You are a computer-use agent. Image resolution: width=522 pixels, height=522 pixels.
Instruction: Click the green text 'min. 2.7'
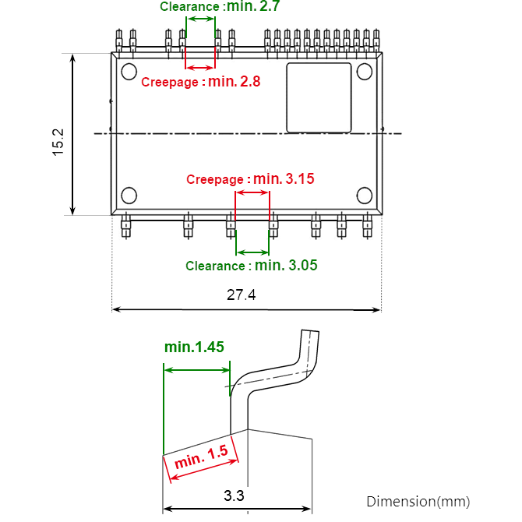tap(253, 6)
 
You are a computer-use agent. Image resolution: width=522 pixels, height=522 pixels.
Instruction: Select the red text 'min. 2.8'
tap(235, 81)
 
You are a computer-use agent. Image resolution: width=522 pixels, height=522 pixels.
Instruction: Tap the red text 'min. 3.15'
tap(284, 179)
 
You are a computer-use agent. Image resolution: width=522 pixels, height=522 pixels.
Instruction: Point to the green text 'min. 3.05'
tap(286, 266)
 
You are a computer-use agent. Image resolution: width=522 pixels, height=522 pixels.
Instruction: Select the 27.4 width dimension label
tap(242, 295)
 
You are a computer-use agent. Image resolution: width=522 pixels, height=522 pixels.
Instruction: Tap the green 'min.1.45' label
tap(194, 347)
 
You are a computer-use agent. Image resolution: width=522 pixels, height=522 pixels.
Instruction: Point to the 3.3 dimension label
tap(234, 496)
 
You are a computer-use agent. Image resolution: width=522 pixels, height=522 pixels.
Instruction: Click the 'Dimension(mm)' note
tap(418, 501)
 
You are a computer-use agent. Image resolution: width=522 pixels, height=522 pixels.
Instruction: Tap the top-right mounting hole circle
tap(365, 72)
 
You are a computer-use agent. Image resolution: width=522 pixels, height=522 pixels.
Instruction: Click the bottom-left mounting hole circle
tap(129, 195)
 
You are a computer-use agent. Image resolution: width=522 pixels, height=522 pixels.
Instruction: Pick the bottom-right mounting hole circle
tap(365, 195)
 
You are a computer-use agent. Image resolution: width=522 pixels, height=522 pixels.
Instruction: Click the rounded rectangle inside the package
tap(319, 98)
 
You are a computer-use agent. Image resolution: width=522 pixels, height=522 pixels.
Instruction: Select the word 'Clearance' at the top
tap(190, 7)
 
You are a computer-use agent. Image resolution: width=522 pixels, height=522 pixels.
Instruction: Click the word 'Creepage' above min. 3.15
tap(217, 180)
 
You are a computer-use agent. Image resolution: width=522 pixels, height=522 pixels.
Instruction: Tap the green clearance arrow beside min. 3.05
tap(252, 252)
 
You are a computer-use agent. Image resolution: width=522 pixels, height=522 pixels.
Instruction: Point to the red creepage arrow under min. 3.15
tap(252, 192)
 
